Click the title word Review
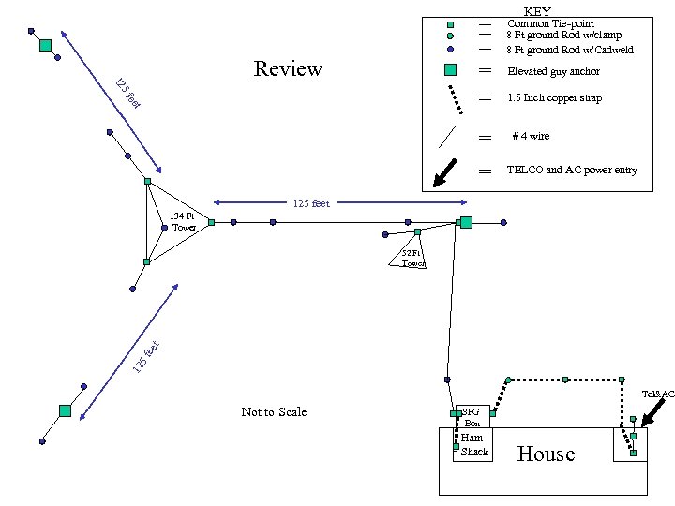tap(288, 68)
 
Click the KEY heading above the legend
tap(537, 10)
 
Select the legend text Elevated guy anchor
tap(553, 71)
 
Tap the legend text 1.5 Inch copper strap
tap(554, 97)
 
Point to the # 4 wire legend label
tap(531, 136)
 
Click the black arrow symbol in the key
tap(453, 171)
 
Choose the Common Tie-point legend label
tap(550, 23)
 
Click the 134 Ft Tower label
tap(183, 222)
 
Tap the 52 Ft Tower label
tap(412, 259)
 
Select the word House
tap(546, 454)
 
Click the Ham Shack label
tap(474, 445)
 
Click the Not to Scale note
tap(274, 412)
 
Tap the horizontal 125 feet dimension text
tap(311, 203)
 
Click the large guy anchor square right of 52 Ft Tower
tap(465, 222)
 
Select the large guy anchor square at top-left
tap(45, 45)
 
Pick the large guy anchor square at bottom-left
tap(65, 410)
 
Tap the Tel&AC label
tap(658, 394)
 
